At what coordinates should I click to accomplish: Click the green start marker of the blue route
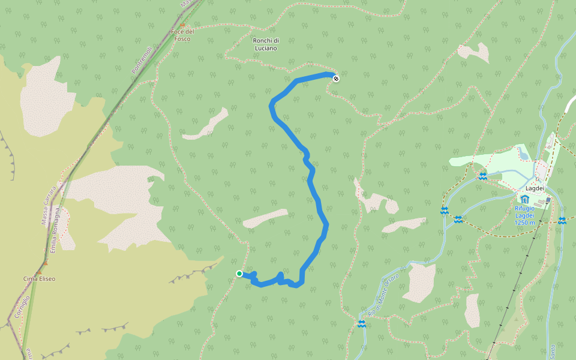[239, 274]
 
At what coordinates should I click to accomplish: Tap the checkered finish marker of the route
[335, 78]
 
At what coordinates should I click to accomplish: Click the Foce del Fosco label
[181, 35]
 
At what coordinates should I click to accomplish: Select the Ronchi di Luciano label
[265, 44]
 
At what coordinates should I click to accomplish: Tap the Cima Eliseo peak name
[39, 279]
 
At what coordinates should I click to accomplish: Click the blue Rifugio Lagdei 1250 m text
[528, 215]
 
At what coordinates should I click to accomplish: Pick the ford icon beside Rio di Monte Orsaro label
[361, 324]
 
